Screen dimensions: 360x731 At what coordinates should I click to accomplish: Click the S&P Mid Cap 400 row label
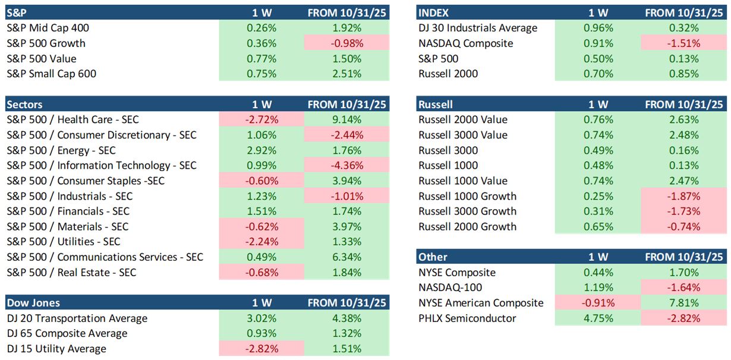point(48,28)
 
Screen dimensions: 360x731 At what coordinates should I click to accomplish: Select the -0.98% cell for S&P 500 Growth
point(347,43)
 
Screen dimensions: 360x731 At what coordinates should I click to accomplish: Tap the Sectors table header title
point(24,105)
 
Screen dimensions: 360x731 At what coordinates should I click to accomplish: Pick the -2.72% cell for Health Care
point(261,119)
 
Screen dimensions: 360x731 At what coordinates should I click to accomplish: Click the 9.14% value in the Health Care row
point(347,119)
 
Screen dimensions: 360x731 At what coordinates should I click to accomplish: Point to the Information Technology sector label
point(101,165)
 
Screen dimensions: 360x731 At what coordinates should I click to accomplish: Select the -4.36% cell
point(347,165)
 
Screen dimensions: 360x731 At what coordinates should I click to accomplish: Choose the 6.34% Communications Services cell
point(347,257)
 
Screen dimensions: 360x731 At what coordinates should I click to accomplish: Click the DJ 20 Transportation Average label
point(77,318)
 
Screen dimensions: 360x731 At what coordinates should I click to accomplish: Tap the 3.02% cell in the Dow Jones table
point(261,318)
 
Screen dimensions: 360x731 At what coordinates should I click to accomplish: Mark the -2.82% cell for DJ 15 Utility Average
point(261,349)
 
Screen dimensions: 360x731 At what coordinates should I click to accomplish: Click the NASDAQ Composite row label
point(465,43)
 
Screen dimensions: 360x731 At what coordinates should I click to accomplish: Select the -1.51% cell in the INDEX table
point(685,43)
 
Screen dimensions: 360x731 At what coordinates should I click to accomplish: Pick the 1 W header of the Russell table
point(598,105)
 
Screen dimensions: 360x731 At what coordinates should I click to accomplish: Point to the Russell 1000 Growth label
point(467,196)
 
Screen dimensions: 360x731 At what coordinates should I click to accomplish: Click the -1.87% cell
point(685,196)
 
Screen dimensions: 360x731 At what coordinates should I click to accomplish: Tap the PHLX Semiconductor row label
point(467,318)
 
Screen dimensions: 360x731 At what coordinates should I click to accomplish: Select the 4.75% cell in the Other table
point(598,318)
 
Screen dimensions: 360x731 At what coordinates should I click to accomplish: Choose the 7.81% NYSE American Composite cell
point(685,303)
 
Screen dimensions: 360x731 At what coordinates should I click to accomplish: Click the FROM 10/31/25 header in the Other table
point(685,257)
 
